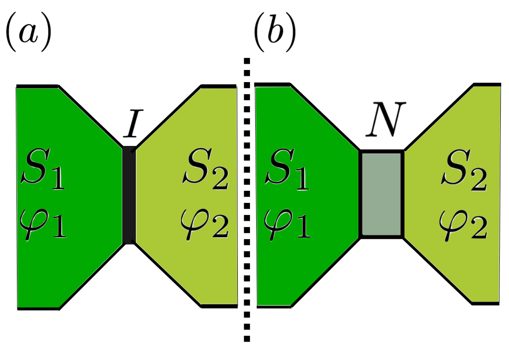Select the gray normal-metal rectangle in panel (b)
(382, 194)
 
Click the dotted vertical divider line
(247, 203)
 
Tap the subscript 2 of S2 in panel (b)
(478, 180)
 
